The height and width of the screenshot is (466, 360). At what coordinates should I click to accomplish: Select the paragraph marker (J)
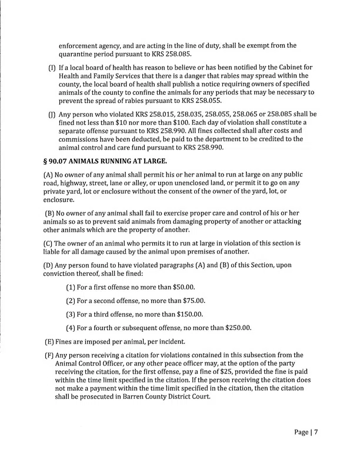[x=51, y=114]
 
